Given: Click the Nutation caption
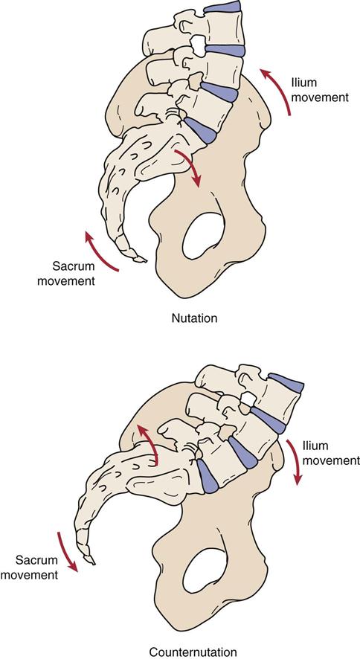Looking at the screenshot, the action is click(x=194, y=318).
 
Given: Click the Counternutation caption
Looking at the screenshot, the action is click(x=193, y=652).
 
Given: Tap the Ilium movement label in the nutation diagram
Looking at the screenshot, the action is click(x=320, y=90).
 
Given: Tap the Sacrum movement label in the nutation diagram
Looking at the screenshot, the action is click(x=66, y=273).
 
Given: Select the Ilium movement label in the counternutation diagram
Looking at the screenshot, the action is click(x=331, y=453).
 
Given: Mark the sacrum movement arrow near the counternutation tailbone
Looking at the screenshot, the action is click(x=66, y=551).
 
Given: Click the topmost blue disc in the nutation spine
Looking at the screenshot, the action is click(x=222, y=6).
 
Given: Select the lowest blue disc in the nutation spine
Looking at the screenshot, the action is click(x=202, y=131).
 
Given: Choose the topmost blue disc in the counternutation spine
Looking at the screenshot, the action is click(x=286, y=382).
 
